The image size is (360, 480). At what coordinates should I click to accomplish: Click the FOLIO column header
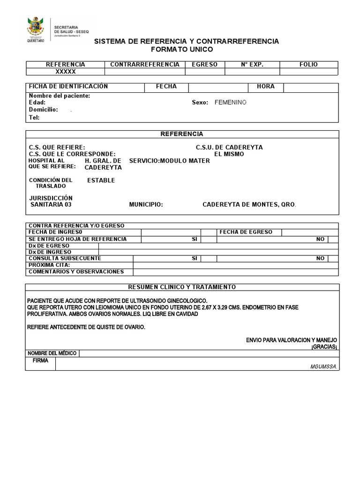pyautogui.click(x=308, y=64)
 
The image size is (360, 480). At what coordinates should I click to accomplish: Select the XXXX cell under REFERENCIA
pyautogui.click(x=65, y=72)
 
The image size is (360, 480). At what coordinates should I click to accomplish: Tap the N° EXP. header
pyautogui.click(x=252, y=64)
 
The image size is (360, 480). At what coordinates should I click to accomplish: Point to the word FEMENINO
pyautogui.click(x=230, y=102)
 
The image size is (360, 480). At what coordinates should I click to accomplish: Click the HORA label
pyautogui.click(x=265, y=87)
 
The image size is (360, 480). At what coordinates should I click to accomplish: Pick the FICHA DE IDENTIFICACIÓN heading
pyautogui.click(x=68, y=87)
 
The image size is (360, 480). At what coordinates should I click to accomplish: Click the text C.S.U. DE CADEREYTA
pyautogui.click(x=229, y=147)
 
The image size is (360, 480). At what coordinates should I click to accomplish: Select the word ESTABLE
pyautogui.click(x=101, y=180)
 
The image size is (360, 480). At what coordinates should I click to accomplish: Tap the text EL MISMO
pyautogui.click(x=229, y=154)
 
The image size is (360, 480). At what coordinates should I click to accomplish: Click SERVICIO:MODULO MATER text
pyautogui.click(x=169, y=161)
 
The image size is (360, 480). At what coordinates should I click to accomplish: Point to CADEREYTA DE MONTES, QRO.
pyautogui.click(x=249, y=205)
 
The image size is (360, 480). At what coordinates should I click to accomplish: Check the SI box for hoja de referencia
pyautogui.click(x=209, y=239)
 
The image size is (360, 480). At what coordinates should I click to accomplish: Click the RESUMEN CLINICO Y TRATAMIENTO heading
pyautogui.click(x=182, y=287)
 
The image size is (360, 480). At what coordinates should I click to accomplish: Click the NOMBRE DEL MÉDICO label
pyautogui.click(x=52, y=353)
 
